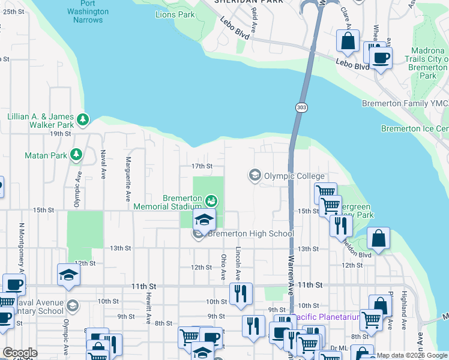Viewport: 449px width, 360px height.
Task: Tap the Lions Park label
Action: pyautogui.click(x=175, y=14)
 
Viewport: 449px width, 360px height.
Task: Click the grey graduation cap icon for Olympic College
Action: pyautogui.click(x=255, y=175)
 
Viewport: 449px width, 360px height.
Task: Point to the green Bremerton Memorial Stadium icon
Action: pyautogui.click(x=211, y=200)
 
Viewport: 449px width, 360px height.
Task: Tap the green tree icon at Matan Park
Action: pyautogui.click(x=76, y=155)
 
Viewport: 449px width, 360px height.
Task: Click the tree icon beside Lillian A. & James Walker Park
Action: pyautogui.click(x=82, y=120)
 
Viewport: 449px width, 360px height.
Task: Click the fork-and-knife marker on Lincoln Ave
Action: pyautogui.click(x=240, y=293)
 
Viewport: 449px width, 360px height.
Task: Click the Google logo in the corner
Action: pyautogui.click(x=20, y=353)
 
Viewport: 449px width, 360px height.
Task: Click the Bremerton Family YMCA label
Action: pyautogui.click(x=405, y=103)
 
